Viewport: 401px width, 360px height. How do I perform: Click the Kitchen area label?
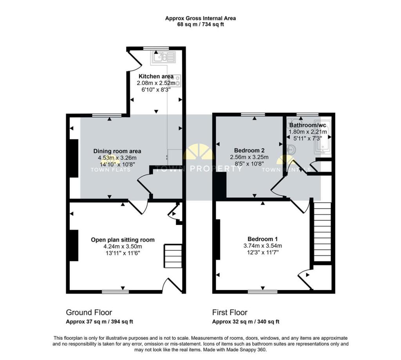coord(156,76)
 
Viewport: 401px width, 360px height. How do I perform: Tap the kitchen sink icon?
coord(163,57)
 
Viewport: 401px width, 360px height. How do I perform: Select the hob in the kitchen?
coord(177,80)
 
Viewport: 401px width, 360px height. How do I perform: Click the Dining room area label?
coord(117,151)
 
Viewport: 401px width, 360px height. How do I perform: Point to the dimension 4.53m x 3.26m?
coord(117,158)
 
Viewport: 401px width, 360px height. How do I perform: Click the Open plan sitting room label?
coord(123,239)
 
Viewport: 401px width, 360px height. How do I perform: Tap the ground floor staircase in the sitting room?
coord(173,256)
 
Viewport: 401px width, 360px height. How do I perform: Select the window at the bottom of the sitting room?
coord(116,292)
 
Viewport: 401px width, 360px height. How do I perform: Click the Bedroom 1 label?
coord(263,239)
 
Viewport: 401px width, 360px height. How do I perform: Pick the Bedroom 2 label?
coord(249,150)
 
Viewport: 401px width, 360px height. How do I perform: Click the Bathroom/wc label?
coord(308,125)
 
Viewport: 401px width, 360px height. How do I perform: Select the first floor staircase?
coord(322,232)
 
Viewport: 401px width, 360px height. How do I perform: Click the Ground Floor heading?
coord(89,312)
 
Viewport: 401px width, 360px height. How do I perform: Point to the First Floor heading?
coord(230,312)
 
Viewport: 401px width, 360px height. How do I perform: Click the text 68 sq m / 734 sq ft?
coord(200,25)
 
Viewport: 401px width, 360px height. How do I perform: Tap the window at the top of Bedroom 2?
coord(253,115)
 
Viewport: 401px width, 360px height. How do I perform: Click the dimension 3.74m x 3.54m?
coord(263,246)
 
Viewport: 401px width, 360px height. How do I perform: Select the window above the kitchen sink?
coord(156,48)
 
